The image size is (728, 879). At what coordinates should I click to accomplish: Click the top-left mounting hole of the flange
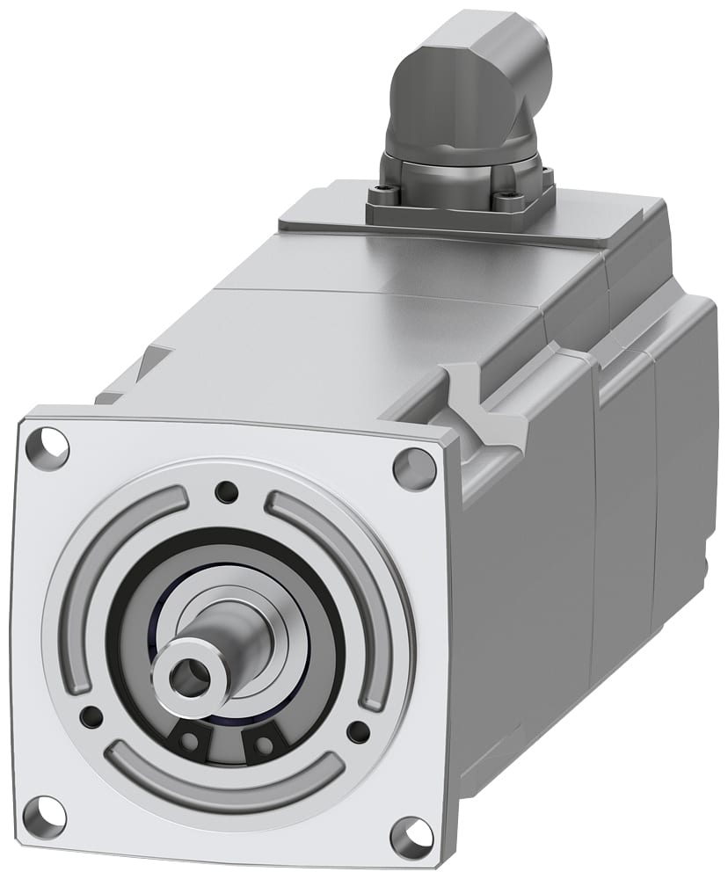pyautogui.click(x=49, y=447)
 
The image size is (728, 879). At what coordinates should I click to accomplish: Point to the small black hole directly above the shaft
pyautogui.click(x=227, y=492)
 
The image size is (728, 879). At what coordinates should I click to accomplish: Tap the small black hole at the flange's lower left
pyautogui.click(x=91, y=716)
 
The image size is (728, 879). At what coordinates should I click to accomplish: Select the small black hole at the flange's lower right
pyautogui.click(x=358, y=731)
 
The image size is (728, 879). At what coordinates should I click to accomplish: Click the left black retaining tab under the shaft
pyautogui.click(x=189, y=741)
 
